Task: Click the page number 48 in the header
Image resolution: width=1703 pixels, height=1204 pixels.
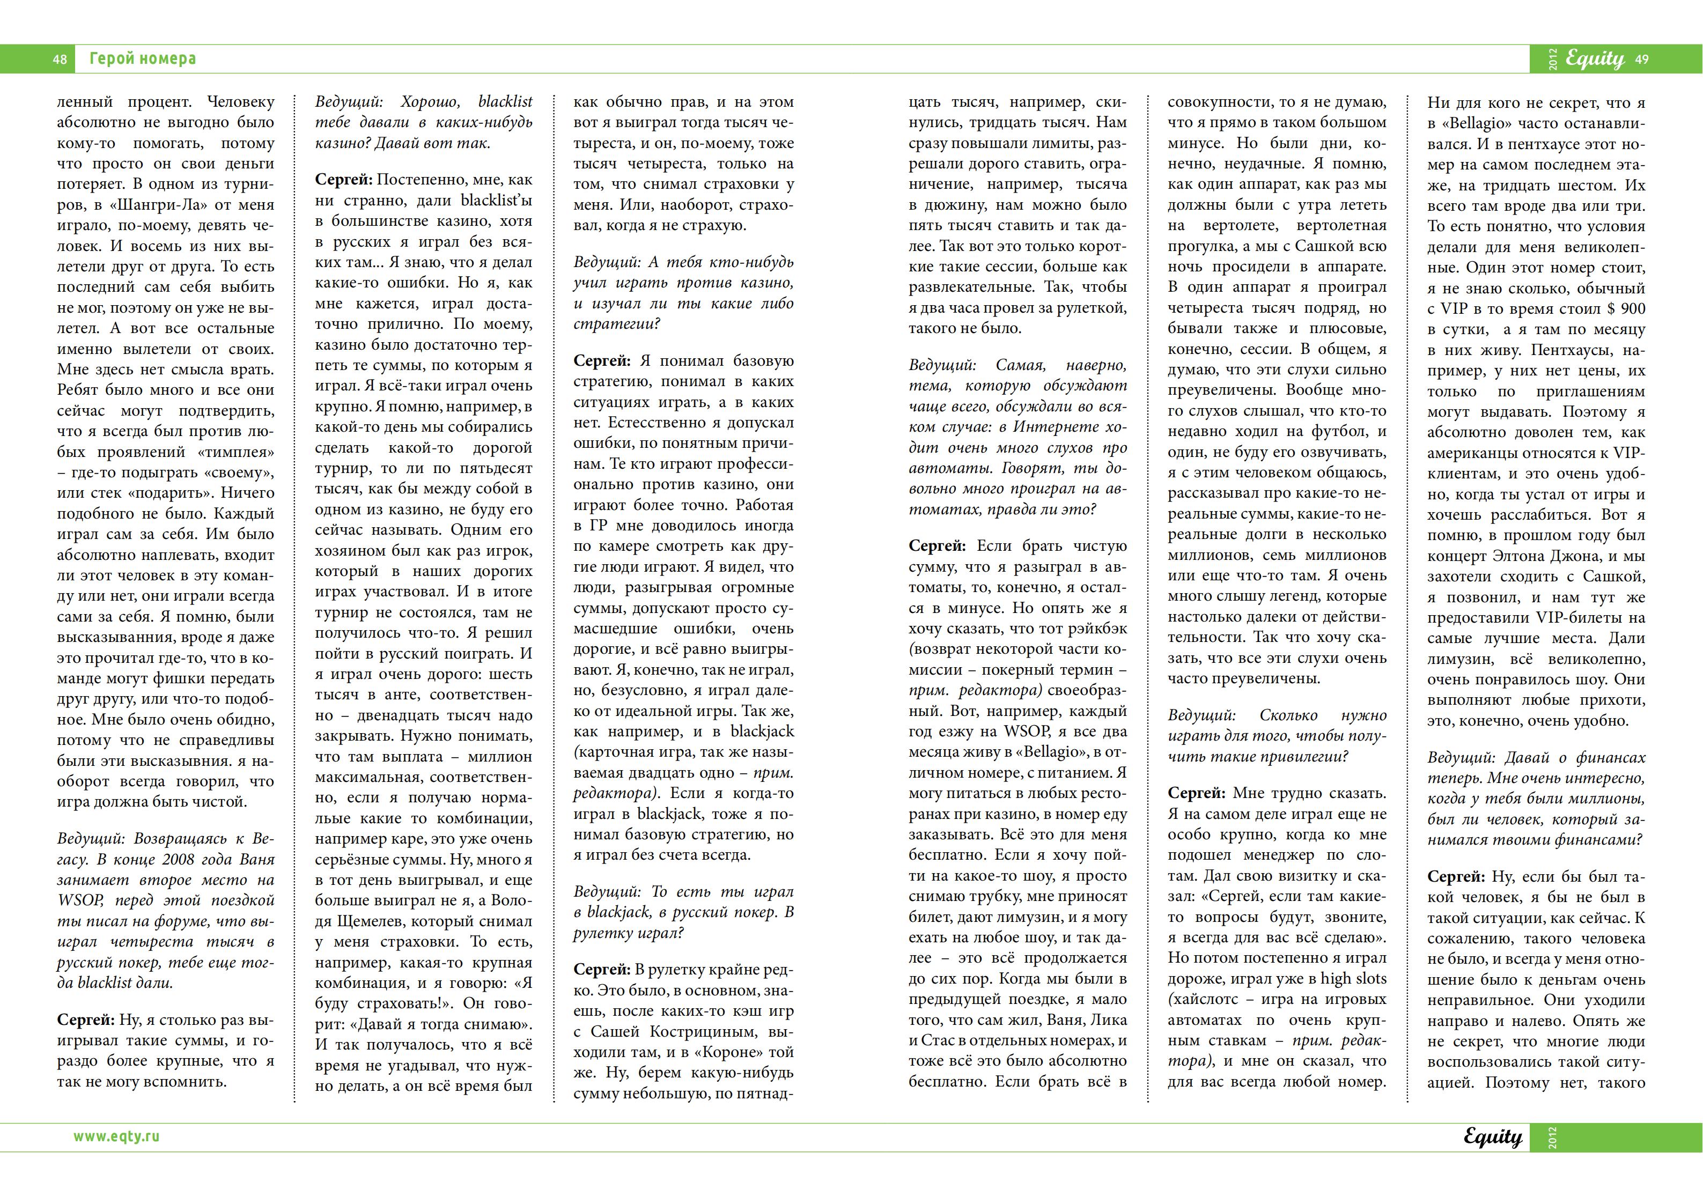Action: (60, 60)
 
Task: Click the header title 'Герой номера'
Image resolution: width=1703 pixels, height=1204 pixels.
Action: (143, 58)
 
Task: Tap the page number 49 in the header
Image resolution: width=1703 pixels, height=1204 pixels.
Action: (1641, 60)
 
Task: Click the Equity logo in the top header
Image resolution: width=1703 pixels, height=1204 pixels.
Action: (1595, 58)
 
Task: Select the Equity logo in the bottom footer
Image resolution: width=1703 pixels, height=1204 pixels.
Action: (1492, 1136)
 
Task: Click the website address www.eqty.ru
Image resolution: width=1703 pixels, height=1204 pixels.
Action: (116, 1136)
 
